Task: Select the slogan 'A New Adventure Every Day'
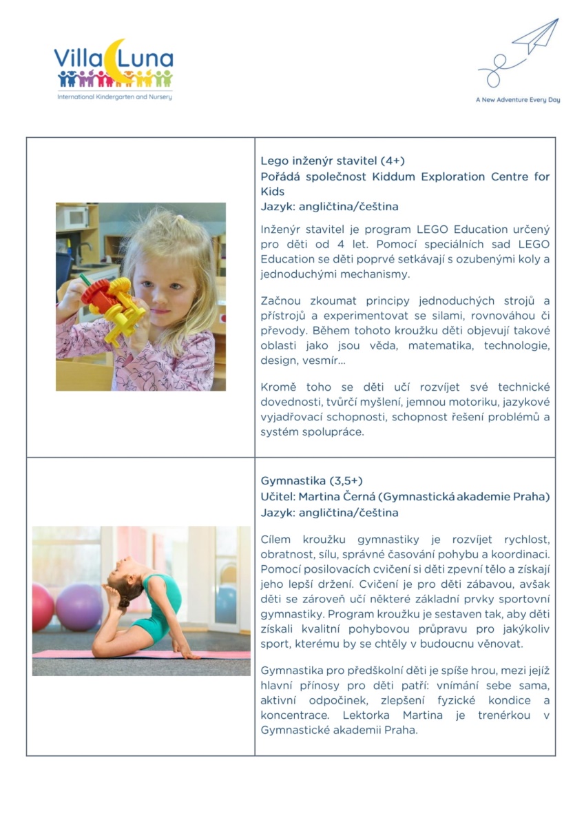tap(517, 100)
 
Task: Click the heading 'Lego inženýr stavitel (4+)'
tap(322, 161)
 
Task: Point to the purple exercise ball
tap(80, 607)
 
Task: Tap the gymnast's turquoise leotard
tap(158, 606)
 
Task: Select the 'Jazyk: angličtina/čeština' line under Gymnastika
tap(329, 513)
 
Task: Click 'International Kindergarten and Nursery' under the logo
tap(114, 97)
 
